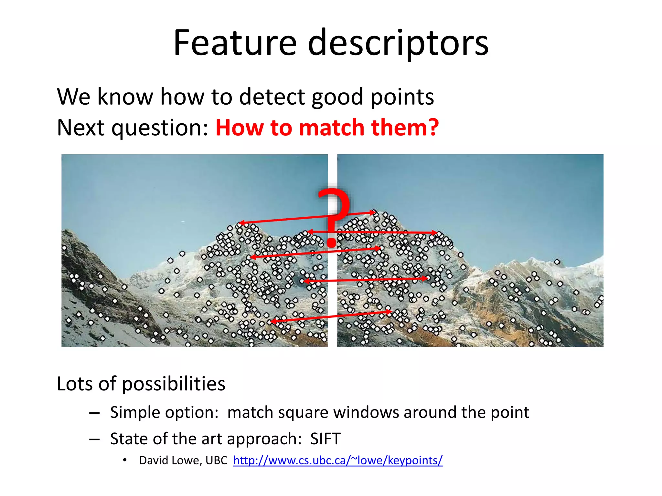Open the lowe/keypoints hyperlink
[x=338, y=460]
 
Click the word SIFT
[x=325, y=439]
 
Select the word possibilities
[x=174, y=384]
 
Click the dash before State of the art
[x=94, y=439]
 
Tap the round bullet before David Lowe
[x=125, y=460]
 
